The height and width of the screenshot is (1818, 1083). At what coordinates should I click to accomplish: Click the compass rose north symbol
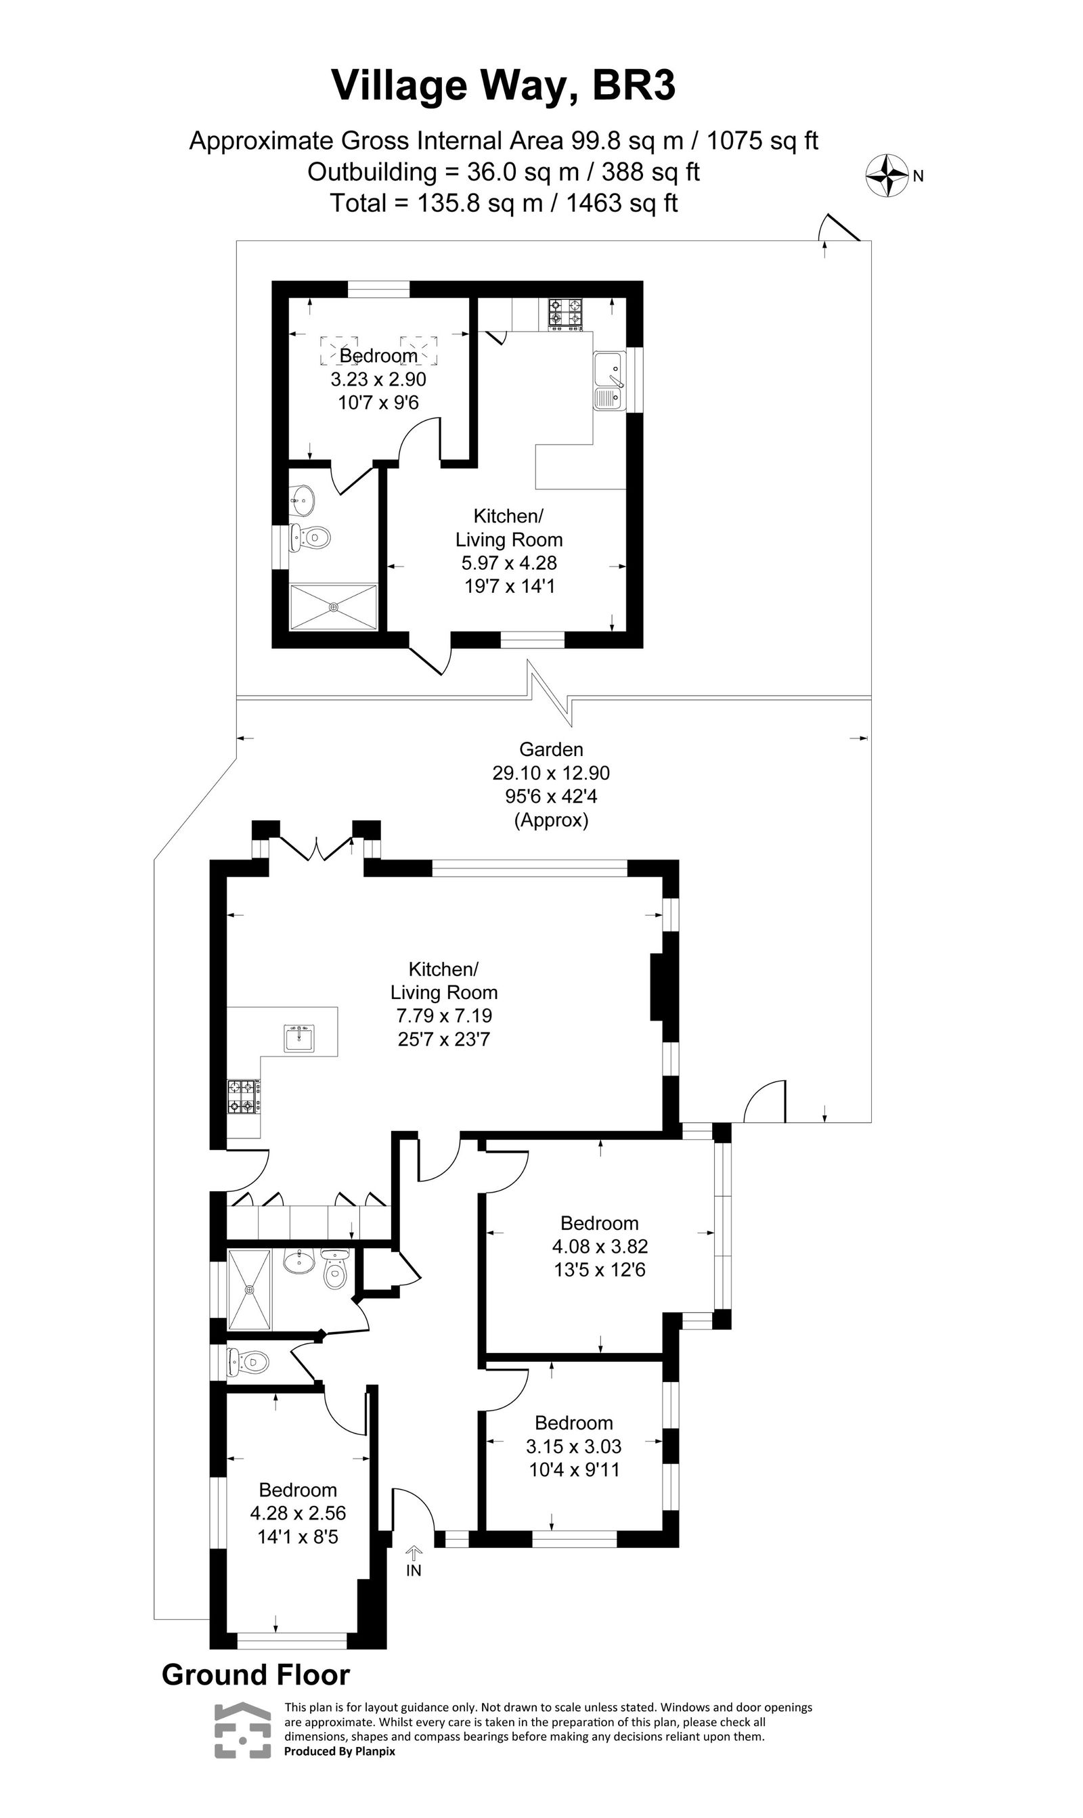pos(887,175)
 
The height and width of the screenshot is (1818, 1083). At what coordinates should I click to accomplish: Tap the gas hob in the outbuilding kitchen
pos(566,312)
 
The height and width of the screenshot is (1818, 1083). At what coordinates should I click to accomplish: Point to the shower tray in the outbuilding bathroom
pos(334,606)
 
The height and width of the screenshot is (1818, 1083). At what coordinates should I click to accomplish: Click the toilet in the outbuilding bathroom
pos(310,538)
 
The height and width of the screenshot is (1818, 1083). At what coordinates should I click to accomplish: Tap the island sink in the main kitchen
pos(300,1038)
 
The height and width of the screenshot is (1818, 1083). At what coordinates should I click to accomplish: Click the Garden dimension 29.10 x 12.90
pos(551,772)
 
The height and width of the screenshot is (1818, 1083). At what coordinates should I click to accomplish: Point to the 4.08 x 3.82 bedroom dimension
pos(599,1246)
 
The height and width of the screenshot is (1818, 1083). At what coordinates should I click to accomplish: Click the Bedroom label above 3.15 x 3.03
pos(573,1423)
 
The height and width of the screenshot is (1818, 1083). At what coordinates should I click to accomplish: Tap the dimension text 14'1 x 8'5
pos(298,1537)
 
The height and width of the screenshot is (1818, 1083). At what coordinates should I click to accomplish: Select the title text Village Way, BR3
pos(504,85)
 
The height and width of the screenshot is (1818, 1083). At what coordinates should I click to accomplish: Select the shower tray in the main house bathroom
pos(250,1289)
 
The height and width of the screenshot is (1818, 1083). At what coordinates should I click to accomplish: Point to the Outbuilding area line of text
pos(504,172)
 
